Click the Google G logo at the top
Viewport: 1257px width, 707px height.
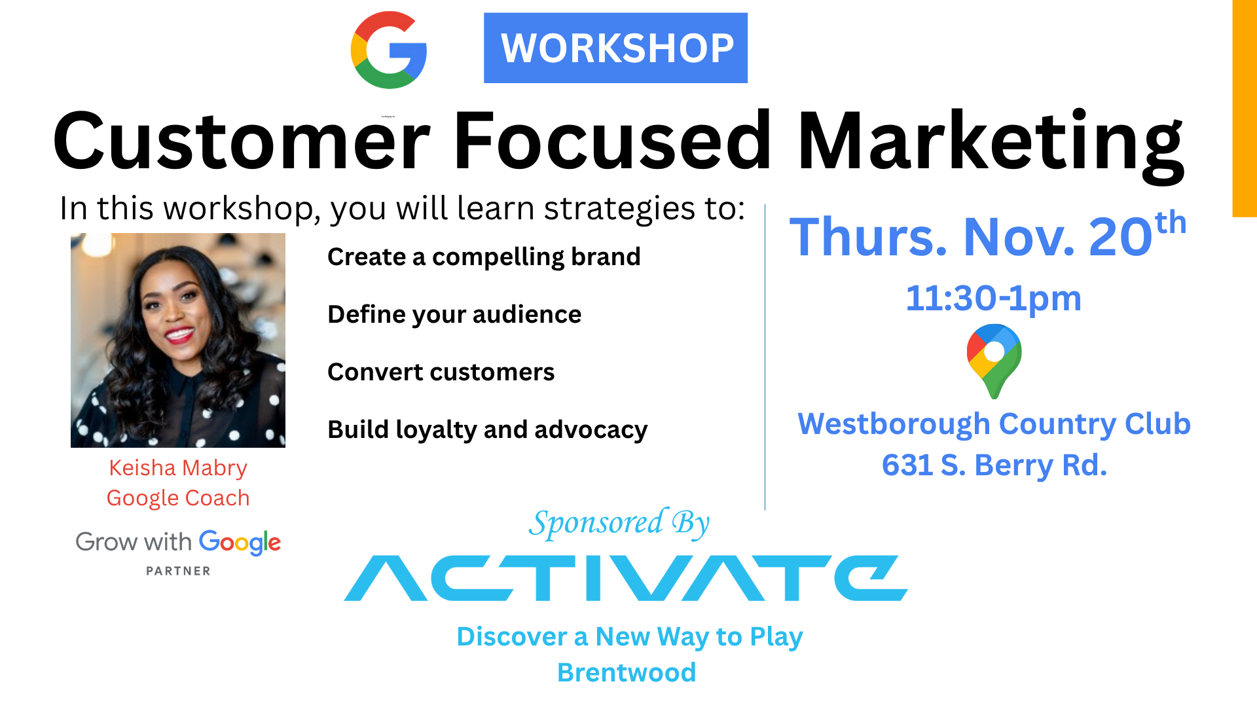pos(389,50)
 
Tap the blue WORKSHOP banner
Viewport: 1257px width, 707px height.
pos(615,48)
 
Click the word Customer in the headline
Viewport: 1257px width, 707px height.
pos(242,140)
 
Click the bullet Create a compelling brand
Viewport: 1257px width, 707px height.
pos(484,257)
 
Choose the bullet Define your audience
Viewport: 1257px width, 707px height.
pos(454,315)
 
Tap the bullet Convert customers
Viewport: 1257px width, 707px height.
pos(441,372)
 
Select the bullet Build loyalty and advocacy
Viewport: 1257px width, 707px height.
pos(488,430)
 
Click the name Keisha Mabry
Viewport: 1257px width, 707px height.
pos(178,468)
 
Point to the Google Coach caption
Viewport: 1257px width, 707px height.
pos(178,498)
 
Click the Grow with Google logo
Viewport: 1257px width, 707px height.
pos(178,543)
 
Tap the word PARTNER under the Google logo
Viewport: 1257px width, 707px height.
pos(178,571)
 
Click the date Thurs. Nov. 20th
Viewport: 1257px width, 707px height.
pos(988,234)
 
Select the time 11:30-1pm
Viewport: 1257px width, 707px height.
pos(993,299)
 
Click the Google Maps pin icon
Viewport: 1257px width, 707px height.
pos(994,361)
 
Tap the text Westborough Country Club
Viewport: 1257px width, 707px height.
pos(994,424)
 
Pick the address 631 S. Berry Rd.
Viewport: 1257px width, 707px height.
pos(994,465)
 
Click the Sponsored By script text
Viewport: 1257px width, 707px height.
pos(619,524)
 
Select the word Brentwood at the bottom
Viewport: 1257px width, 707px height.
pos(627,673)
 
